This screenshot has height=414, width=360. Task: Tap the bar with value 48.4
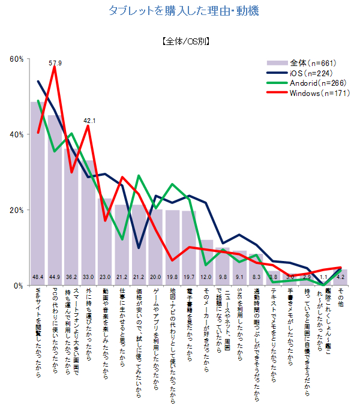(x=39, y=192)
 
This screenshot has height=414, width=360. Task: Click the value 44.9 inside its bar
(x=56, y=277)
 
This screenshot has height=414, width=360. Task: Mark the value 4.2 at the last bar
(x=341, y=277)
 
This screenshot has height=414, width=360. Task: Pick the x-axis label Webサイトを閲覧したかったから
(x=39, y=334)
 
